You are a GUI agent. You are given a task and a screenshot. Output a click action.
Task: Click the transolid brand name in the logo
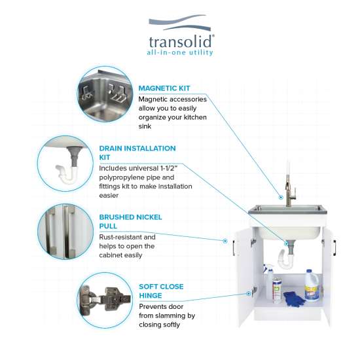pyautogui.click(x=181, y=41)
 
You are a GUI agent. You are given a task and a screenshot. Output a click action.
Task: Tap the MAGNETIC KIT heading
pyautogui.click(x=164, y=88)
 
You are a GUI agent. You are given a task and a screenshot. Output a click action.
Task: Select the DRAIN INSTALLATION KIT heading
pyautogui.click(x=137, y=153)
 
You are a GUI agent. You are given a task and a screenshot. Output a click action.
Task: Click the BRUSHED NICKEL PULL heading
pyautogui.click(x=130, y=221)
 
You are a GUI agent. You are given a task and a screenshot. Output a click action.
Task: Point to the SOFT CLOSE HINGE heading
pyautogui.click(x=161, y=291)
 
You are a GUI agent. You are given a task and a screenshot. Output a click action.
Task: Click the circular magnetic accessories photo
pyautogui.click(x=105, y=94)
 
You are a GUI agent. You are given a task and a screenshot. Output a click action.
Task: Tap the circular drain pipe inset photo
pyautogui.click(x=65, y=163)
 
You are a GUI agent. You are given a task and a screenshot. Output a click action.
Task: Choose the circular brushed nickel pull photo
pyautogui.click(x=65, y=232)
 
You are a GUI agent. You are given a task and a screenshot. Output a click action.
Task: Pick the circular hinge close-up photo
pyautogui.click(x=105, y=300)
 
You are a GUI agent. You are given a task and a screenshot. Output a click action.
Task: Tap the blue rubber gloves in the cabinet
pyautogui.click(x=295, y=299)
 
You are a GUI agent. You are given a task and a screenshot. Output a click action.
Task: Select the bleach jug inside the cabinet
pyautogui.click(x=312, y=285)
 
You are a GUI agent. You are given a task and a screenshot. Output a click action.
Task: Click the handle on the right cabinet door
pyautogui.click(x=334, y=248)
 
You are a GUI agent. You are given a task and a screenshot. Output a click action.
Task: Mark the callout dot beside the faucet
pyautogui.click(x=281, y=197)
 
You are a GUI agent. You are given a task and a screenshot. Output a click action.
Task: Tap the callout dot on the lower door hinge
pyautogui.click(x=249, y=293)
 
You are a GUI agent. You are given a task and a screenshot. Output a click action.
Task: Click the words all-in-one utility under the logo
pyautogui.click(x=180, y=52)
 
